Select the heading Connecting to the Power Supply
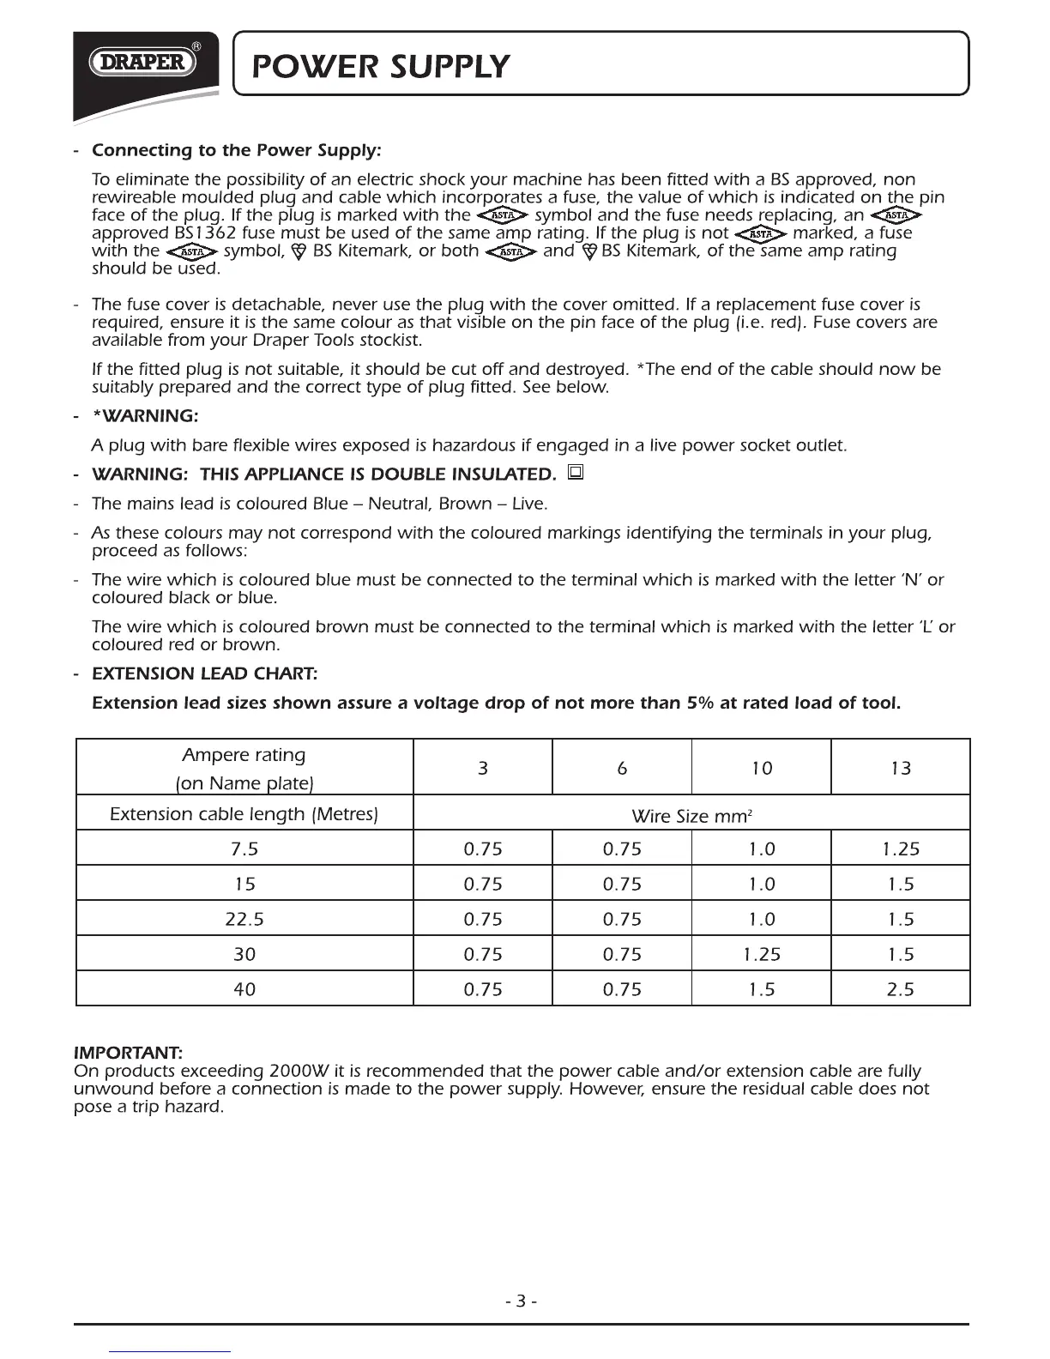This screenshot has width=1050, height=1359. pyautogui.click(x=236, y=151)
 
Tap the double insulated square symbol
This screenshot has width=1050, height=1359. pyautogui.click(x=576, y=472)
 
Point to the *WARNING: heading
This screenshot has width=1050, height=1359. pyautogui.click(x=145, y=416)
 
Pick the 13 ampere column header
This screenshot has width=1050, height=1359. pyautogui.click(x=900, y=768)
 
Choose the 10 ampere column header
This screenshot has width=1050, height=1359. pyautogui.click(x=761, y=768)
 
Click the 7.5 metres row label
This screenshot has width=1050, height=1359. pyautogui.click(x=244, y=849)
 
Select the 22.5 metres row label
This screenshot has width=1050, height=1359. pyautogui.click(x=244, y=919)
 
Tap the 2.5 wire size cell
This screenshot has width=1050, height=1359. pyautogui.click(x=900, y=989)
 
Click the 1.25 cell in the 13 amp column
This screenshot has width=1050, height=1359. pyautogui.click(x=900, y=849)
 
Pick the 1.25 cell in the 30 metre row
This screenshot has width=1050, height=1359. pyautogui.click(x=761, y=954)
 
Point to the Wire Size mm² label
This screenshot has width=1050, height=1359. pyautogui.click(x=691, y=816)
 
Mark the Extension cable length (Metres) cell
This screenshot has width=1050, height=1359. pyautogui.click(x=244, y=813)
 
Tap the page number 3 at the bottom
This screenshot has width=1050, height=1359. pyautogui.click(x=522, y=1302)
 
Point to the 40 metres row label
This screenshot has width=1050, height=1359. pyautogui.click(x=244, y=989)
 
